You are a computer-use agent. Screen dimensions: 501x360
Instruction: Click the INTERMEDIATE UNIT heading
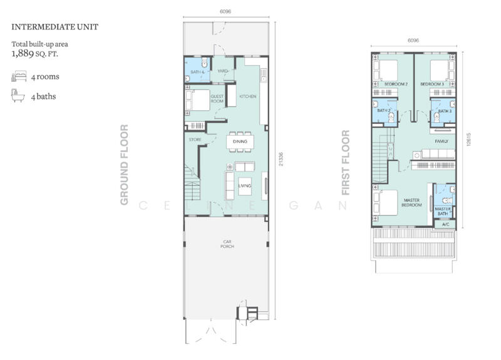(x=55, y=27)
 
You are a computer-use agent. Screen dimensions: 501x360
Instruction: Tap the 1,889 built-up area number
(x=23, y=53)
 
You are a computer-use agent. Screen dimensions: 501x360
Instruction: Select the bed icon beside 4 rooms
(x=19, y=76)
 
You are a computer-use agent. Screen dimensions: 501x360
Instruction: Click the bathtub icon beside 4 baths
(x=18, y=96)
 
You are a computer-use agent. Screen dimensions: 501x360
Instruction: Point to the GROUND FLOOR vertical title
(x=124, y=165)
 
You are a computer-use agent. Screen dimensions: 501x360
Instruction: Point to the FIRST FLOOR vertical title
(x=346, y=163)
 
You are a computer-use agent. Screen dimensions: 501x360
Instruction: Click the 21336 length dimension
(x=281, y=159)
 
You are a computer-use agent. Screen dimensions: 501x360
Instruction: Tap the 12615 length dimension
(x=468, y=140)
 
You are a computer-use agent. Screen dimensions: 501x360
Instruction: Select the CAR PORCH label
(x=227, y=244)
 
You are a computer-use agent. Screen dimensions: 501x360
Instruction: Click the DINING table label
(x=240, y=141)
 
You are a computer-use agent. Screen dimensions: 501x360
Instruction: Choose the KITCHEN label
(x=248, y=96)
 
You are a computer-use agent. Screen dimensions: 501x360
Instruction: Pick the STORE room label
(x=195, y=140)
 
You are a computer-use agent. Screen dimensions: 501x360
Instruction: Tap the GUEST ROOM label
(x=217, y=99)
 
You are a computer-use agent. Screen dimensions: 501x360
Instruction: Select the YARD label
(x=222, y=71)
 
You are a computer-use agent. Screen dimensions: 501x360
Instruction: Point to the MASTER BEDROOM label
(x=411, y=202)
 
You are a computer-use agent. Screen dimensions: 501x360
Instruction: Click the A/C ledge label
(x=446, y=224)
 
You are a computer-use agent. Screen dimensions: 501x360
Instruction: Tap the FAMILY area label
(x=442, y=141)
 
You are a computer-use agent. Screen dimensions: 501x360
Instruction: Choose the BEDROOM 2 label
(x=396, y=84)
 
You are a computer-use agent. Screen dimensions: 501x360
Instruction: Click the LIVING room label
(x=245, y=185)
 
